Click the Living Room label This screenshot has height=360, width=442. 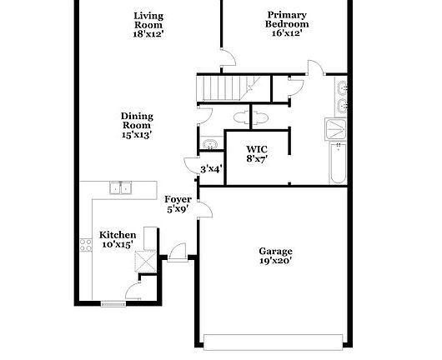pos(148,20)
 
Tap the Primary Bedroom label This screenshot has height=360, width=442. pos(287,19)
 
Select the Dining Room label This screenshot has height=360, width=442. pos(137,121)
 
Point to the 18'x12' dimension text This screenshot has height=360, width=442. pos(148,34)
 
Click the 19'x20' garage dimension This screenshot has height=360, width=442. pos(275,261)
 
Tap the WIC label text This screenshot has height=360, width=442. pos(257,149)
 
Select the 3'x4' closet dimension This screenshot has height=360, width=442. pos(212,169)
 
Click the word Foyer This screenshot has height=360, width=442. pos(178,199)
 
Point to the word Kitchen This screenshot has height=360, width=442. pos(118,235)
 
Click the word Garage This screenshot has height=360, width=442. pos(275,251)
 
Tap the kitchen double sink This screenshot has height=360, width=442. pos(120,188)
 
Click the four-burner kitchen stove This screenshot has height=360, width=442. pos(86,245)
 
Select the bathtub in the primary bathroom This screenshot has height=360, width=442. pos(338,163)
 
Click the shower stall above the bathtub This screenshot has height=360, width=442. pos(336,129)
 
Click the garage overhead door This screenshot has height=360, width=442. pos(274,342)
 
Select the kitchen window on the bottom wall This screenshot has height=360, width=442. pos(113,303)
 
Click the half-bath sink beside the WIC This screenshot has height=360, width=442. pos(210,144)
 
